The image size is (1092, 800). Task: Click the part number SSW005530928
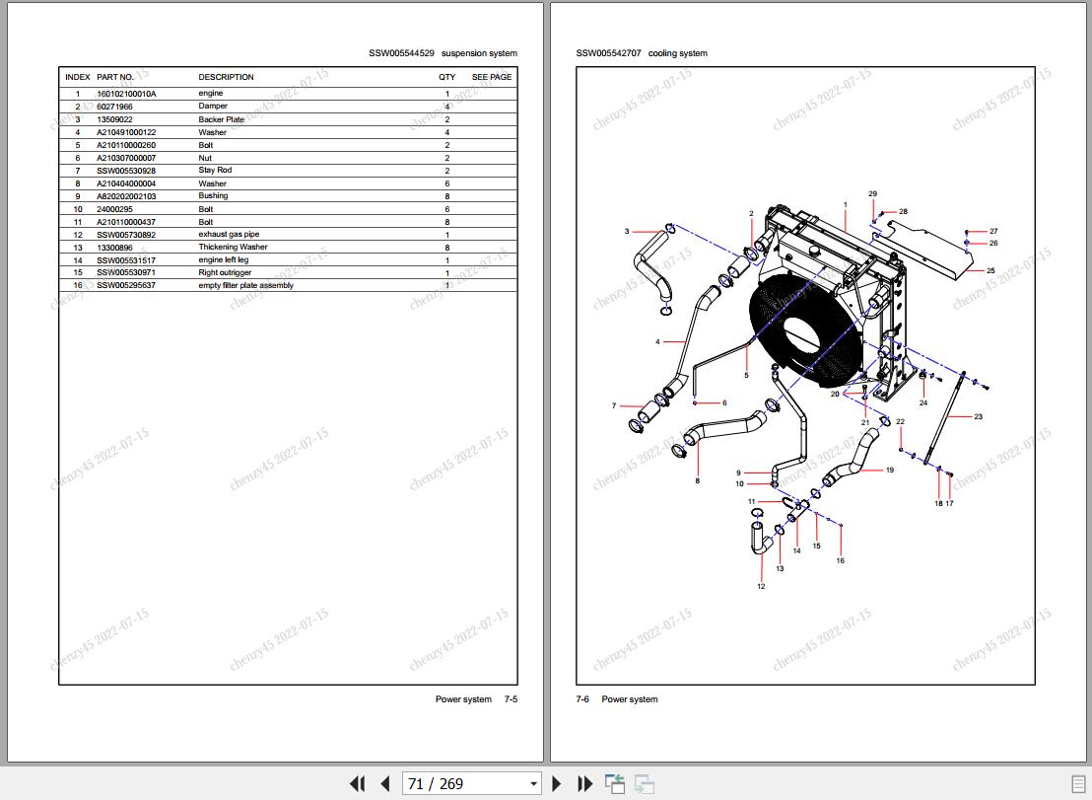tap(126, 171)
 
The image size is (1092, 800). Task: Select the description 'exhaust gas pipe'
tap(229, 235)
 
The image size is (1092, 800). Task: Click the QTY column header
tap(447, 77)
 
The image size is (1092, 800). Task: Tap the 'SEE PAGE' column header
tap(491, 77)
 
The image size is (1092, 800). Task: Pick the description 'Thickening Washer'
tap(233, 248)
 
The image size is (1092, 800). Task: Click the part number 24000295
tap(113, 209)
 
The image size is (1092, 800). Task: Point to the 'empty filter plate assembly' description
tap(245, 286)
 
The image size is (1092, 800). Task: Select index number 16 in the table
tap(77, 286)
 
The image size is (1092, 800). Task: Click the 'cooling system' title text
tap(677, 53)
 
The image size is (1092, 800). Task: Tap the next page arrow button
tap(557, 784)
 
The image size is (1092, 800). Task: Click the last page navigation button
tap(585, 784)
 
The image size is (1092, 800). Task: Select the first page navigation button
tap(357, 784)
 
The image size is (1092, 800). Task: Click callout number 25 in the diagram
tap(990, 270)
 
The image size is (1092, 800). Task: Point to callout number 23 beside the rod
tap(978, 417)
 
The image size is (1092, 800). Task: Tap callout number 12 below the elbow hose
tap(761, 587)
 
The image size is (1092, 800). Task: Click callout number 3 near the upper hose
tap(627, 232)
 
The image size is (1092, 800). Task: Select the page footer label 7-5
tap(511, 699)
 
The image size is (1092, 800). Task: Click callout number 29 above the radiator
tap(872, 194)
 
